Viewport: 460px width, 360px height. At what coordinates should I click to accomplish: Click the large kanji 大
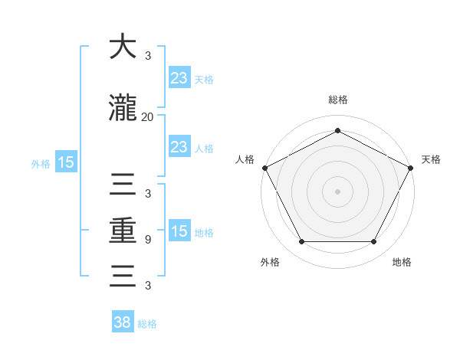(123, 47)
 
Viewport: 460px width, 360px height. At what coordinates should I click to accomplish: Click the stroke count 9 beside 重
(147, 240)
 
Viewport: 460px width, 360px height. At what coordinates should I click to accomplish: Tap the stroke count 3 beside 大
(147, 56)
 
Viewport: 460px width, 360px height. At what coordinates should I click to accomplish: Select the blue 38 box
(123, 323)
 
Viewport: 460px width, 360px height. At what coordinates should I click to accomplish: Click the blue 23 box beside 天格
(179, 78)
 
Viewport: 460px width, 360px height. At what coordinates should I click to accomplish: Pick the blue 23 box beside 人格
(179, 147)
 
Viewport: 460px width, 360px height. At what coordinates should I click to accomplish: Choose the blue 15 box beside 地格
(179, 231)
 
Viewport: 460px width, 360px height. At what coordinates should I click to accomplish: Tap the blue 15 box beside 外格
(65, 162)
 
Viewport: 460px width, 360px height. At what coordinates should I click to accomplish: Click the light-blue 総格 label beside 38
(147, 324)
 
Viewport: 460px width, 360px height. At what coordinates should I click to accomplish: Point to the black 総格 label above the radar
(338, 100)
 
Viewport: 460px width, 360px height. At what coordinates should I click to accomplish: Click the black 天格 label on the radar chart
(431, 159)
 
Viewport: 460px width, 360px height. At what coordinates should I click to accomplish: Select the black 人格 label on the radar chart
(245, 159)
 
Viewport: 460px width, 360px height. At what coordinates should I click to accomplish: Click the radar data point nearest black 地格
(374, 242)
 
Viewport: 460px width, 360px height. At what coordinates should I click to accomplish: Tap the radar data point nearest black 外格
(301, 242)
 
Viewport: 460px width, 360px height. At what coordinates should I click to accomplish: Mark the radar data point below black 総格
(338, 130)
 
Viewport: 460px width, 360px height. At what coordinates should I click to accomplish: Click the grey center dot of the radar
(338, 191)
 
